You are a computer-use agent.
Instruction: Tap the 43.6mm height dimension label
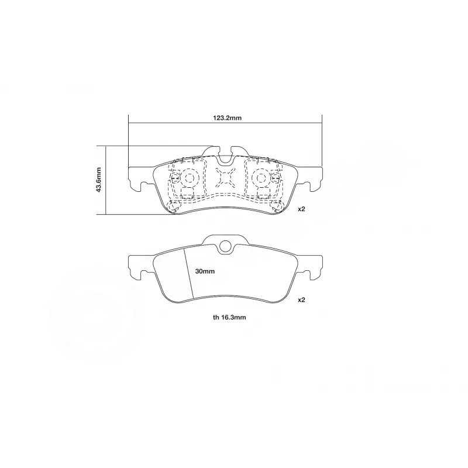click(x=99, y=180)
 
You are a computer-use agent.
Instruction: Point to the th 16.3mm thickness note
click(x=229, y=318)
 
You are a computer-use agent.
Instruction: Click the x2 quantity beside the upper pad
click(x=302, y=209)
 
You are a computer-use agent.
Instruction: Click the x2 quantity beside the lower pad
click(x=302, y=300)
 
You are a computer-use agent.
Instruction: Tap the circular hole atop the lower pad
click(x=225, y=247)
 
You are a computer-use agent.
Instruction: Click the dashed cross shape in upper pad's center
click(x=225, y=177)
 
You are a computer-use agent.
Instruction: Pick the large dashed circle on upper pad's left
click(x=189, y=177)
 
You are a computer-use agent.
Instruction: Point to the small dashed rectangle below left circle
click(x=187, y=194)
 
